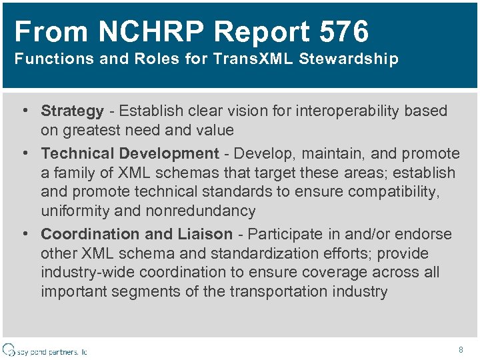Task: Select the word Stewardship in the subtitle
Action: click(349, 59)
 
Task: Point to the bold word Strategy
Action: click(72, 111)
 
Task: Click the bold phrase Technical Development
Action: click(130, 153)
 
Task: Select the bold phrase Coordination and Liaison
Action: click(137, 234)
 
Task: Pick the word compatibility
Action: click(397, 192)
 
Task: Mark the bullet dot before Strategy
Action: click(24, 111)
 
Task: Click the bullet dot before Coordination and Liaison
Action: click(24, 234)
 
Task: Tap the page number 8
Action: click(461, 349)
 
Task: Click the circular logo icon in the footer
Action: click(9, 350)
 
